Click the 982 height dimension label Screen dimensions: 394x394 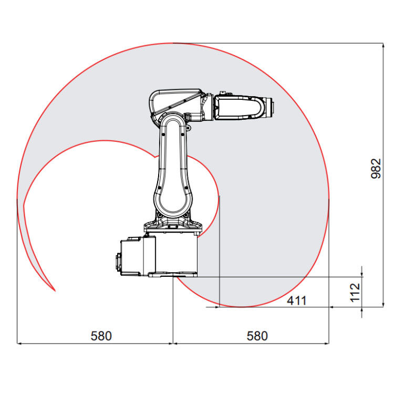[376, 169]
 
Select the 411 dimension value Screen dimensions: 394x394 [296, 300]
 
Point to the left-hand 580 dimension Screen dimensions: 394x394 [101, 336]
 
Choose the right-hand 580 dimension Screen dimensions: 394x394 [257, 336]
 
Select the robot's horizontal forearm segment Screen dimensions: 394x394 [239, 108]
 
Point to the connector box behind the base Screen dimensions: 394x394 [131, 256]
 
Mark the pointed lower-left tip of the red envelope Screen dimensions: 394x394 [54, 290]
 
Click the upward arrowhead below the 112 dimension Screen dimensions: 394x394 [362, 310]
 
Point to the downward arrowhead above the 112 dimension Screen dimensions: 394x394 [362, 273]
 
